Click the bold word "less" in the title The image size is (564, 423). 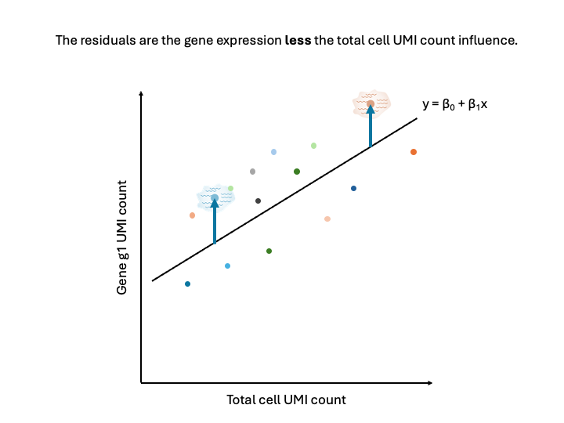coord(298,40)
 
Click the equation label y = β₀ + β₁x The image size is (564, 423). coord(454,103)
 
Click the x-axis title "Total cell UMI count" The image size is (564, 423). coord(286,399)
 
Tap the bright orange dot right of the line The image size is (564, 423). coord(414,152)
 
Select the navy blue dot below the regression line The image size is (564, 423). coord(353,188)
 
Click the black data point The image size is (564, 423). coord(258,201)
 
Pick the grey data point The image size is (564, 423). coord(252,172)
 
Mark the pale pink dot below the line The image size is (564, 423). coord(327,219)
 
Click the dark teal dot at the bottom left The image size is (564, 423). coord(187,284)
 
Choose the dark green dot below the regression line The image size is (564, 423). coord(269,251)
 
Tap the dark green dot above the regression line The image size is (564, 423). coord(297,172)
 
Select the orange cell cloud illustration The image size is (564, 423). coord(371,103)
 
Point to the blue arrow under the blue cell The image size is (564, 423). coord(215,223)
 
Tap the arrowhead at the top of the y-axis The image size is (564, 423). coord(141,94)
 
